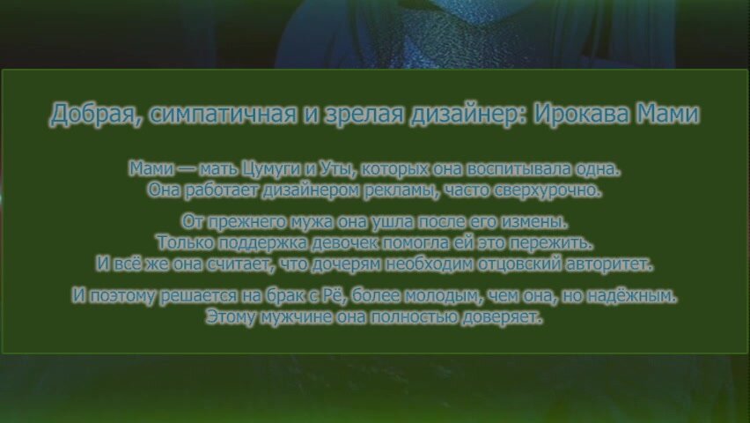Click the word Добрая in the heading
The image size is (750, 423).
coord(96,115)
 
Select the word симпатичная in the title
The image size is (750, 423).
coord(223,114)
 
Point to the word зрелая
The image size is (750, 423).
coord(364,115)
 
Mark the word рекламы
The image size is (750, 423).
coord(401,190)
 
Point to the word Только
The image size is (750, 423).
coord(185,242)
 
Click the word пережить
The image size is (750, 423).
coord(550,243)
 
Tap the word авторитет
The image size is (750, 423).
coord(608,264)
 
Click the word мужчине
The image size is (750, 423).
coord(296,317)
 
